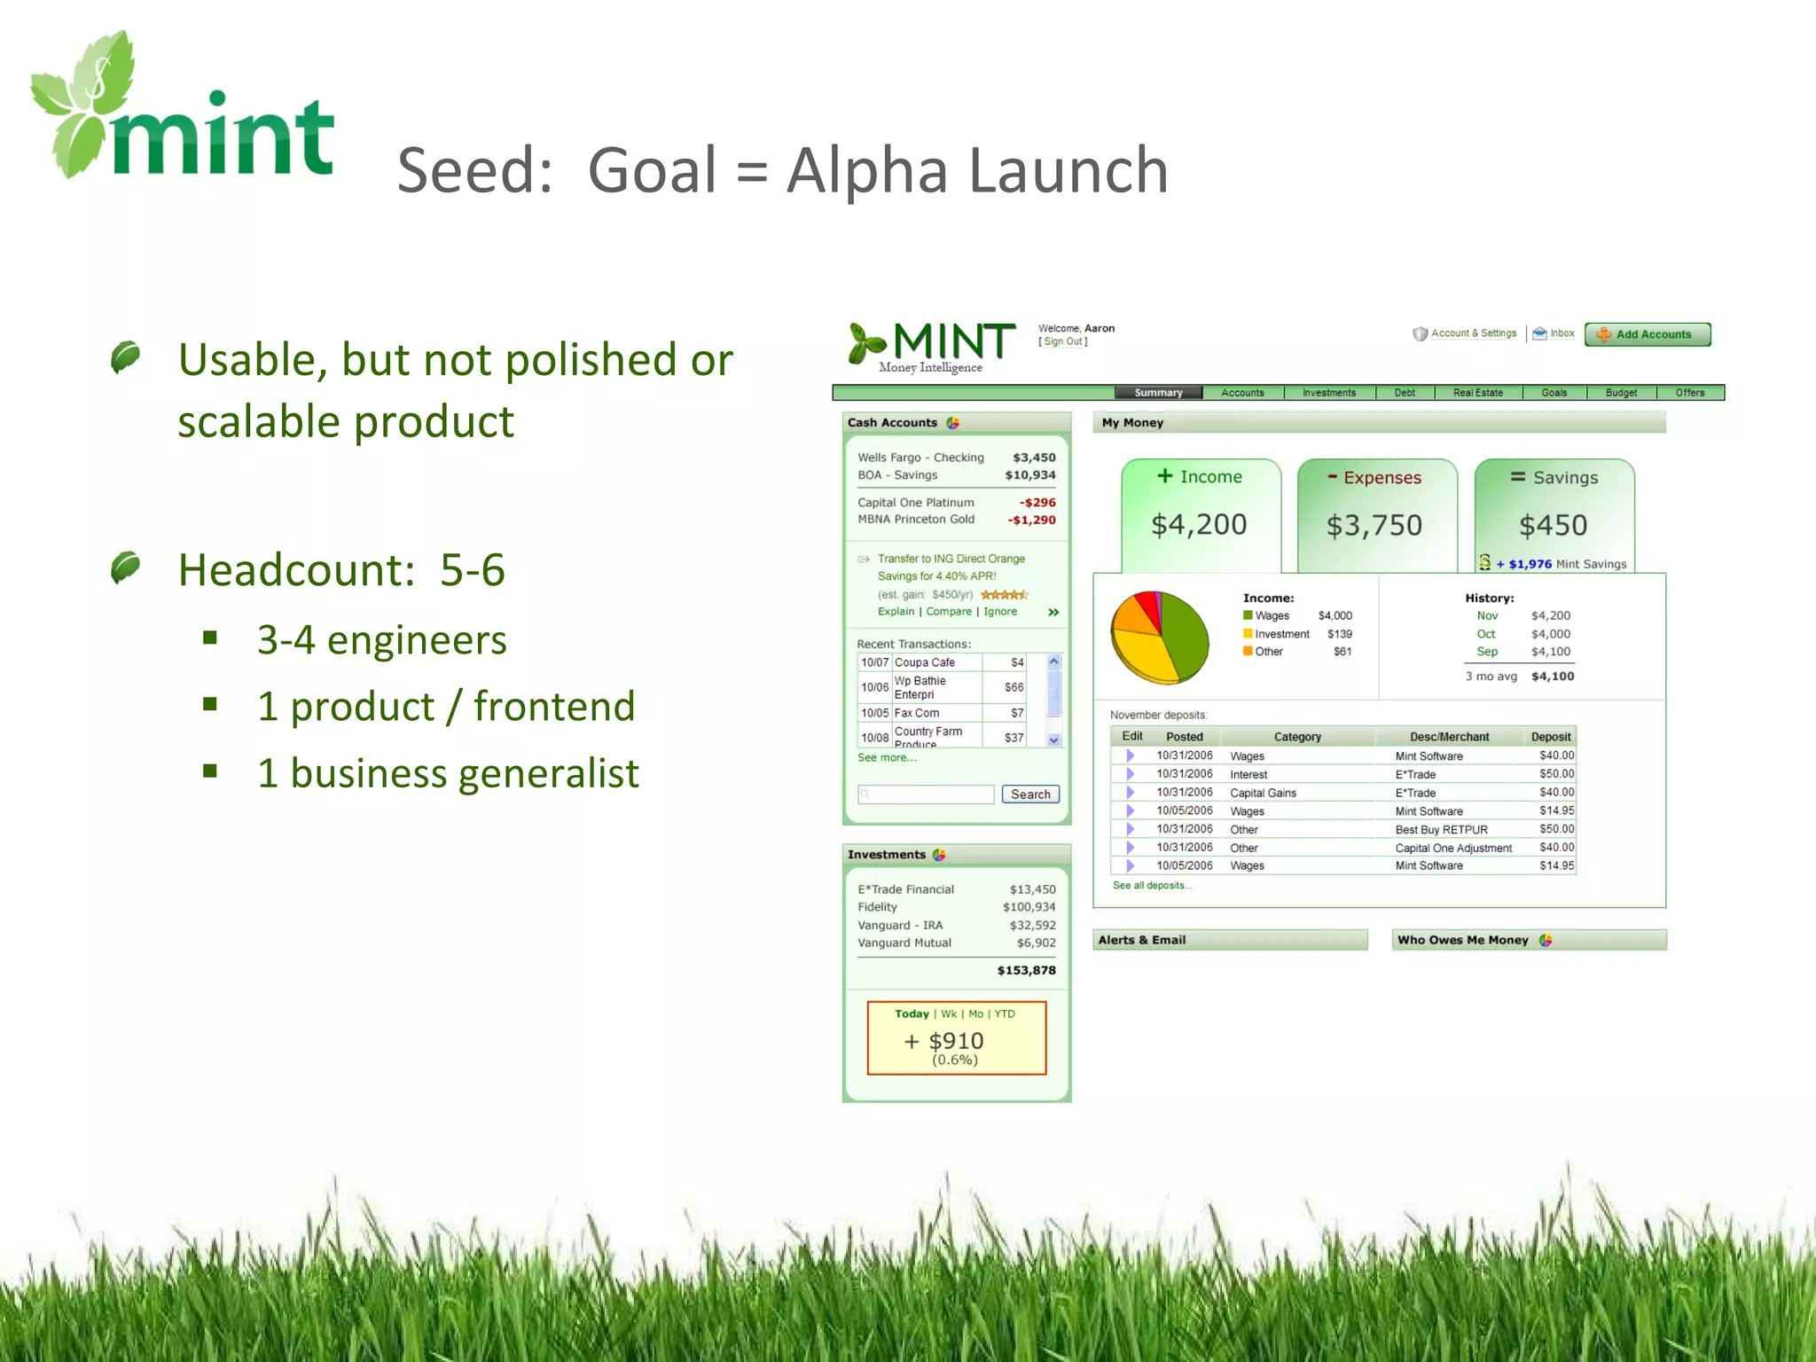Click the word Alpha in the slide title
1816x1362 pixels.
(x=866, y=170)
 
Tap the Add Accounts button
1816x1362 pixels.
(x=1647, y=334)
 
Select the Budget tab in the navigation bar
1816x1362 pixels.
(x=1620, y=393)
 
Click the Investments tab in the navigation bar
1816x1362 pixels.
(x=1328, y=393)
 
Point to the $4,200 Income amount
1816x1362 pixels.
(x=1199, y=524)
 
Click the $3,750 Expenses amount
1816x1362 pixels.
(x=1374, y=525)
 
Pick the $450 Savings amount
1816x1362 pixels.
(x=1553, y=525)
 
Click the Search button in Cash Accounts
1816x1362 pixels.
(x=1029, y=794)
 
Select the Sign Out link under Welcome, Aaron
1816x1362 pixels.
(x=1063, y=341)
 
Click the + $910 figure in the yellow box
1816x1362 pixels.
(x=944, y=1040)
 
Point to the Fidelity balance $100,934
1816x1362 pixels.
(x=1029, y=907)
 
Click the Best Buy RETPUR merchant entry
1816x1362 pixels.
(x=1441, y=829)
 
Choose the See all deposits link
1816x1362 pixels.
(x=1152, y=885)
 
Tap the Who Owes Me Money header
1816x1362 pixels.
(x=1462, y=940)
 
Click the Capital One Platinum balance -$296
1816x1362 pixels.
(x=1037, y=502)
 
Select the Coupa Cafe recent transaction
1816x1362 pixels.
(x=924, y=662)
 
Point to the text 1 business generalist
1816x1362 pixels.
(x=448, y=772)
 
